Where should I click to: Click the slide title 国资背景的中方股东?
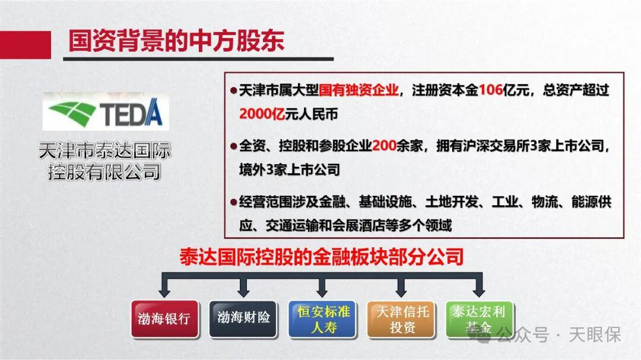pos(176,40)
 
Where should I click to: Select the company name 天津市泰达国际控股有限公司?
pos(104,161)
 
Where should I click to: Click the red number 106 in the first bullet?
pos(490,91)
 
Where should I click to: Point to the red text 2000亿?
pos(262,114)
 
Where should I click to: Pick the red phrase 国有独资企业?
pos(358,91)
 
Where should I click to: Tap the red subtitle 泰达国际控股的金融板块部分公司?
pos(321,257)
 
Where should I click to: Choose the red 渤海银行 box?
pos(164,318)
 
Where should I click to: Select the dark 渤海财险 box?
pos(243,318)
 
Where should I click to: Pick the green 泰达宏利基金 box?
pos(480,319)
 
